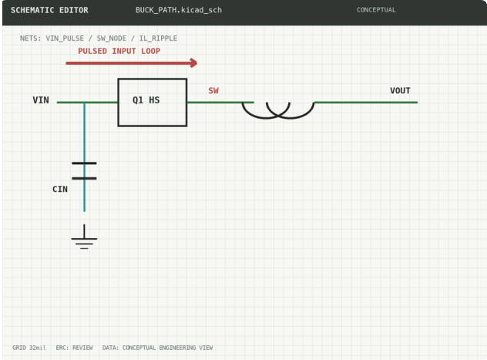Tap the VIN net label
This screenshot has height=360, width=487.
(41, 100)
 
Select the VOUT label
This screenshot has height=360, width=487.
(400, 91)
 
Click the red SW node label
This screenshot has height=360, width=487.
(213, 91)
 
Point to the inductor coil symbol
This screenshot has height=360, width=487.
(278, 116)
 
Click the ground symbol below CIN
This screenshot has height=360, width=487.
(84, 237)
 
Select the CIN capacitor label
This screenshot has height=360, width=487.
(60, 189)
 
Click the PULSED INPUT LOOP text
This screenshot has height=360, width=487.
(119, 51)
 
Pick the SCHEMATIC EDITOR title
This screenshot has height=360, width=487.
(49, 10)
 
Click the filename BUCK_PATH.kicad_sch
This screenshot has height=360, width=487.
(179, 10)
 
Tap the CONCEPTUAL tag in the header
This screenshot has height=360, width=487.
(376, 10)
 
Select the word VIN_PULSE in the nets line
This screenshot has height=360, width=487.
(65, 39)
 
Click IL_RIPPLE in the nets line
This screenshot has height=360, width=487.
(158, 39)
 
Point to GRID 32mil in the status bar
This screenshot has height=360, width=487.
(29, 348)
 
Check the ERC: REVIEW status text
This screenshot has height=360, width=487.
(74, 348)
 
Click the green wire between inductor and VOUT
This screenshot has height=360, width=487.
(366, 103)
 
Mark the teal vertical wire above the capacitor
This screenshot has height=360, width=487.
(84, 132)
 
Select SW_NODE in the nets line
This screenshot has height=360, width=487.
(112, 39)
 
